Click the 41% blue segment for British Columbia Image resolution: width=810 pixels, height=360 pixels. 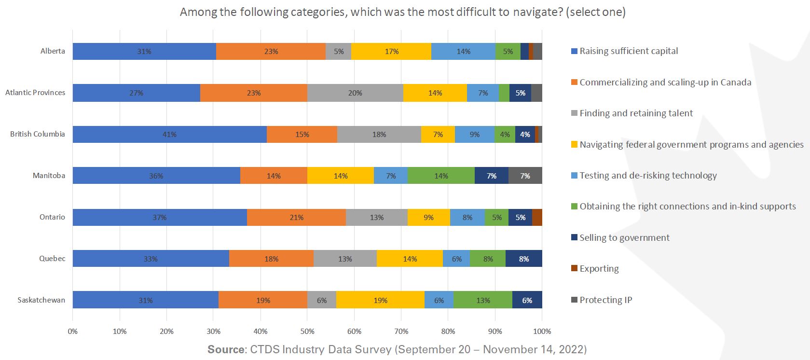169,134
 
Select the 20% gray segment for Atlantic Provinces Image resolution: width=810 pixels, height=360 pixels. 355,93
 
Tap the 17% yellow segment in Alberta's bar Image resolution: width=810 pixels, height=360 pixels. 392,51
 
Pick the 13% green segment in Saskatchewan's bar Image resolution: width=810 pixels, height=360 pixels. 483,300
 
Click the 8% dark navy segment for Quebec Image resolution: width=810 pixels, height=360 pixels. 524,259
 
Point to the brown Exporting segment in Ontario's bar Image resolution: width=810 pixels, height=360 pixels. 537,217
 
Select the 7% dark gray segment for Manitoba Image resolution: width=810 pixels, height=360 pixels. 525,176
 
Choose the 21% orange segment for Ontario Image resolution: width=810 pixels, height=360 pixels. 296,217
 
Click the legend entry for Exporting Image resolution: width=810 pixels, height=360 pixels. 599,269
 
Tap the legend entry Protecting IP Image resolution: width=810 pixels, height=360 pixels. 605,300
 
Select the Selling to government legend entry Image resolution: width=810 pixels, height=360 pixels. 624,237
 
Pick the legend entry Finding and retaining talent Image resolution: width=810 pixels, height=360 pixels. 636,113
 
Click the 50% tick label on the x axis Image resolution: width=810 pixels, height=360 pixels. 307,332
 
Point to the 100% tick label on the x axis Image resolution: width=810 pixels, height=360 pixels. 542,332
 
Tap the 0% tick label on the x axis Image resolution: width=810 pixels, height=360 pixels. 73,332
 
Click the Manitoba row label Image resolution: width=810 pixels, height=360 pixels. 49,176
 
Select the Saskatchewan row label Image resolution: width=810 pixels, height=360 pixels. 41,300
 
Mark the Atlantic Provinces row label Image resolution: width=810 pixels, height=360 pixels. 35,93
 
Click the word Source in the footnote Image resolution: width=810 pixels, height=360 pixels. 226,349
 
